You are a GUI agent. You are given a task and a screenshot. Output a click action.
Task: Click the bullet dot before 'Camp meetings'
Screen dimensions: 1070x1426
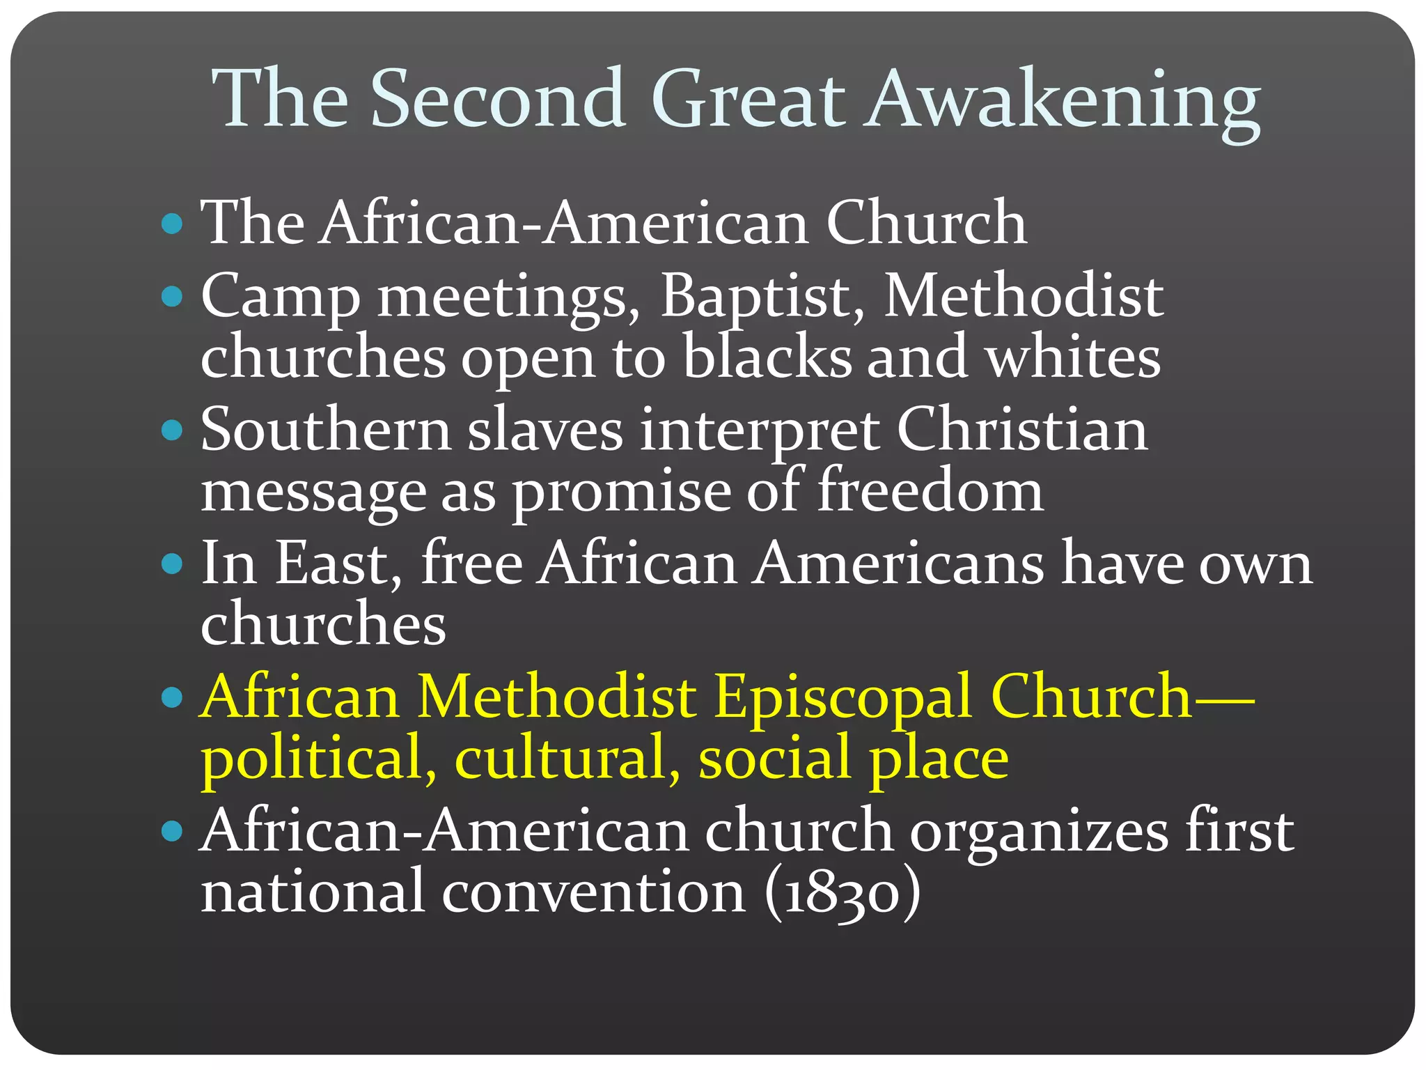[x=171, y=297]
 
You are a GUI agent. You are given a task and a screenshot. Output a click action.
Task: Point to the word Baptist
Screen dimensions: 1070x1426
[x=762, y=297]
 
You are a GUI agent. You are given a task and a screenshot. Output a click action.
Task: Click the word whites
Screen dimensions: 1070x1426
[x=1073, y=357]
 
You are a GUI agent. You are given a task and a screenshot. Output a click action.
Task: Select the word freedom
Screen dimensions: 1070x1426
[x=930, y=490]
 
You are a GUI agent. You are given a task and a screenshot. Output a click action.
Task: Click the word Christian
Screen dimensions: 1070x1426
[x=1021, y=430]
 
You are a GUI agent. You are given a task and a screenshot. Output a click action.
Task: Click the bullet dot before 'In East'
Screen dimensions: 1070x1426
[x=171, y=564]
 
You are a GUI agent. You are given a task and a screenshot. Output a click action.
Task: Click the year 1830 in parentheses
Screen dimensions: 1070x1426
[x=842, y=893]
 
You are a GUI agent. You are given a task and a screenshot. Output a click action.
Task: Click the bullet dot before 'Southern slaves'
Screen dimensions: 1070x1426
[x=171, y=430]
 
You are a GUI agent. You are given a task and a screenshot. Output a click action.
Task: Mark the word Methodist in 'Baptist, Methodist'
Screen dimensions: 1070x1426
[x=1023, y=297]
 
